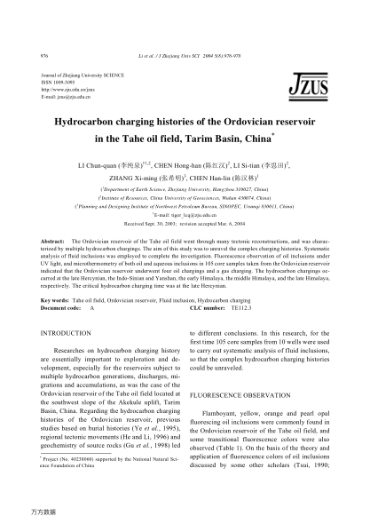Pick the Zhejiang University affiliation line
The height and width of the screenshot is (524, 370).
click(185, 190)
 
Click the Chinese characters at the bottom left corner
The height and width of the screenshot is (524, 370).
click(43, 512)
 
